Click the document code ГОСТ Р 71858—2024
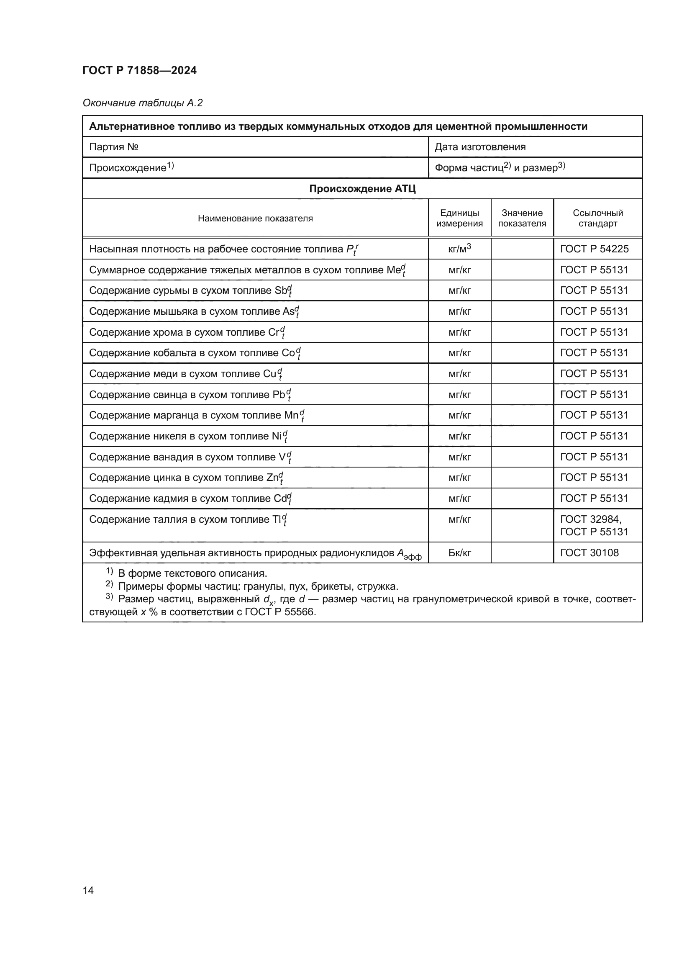(139, 70)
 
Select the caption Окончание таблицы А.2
(142, 103)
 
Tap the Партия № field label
(114, 147)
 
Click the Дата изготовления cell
(480, 147)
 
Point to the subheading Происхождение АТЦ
(362, 189)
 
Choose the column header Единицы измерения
(459, 218)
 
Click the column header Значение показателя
(522, 218)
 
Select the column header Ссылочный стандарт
(597, 218)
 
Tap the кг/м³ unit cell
(459, 249)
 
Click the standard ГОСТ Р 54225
(594, 249)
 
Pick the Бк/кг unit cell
(459, 553)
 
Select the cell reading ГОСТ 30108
(589, 553)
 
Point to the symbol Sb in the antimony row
(281, 291)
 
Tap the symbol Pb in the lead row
(278, 395)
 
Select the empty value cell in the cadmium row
(522, 498)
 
